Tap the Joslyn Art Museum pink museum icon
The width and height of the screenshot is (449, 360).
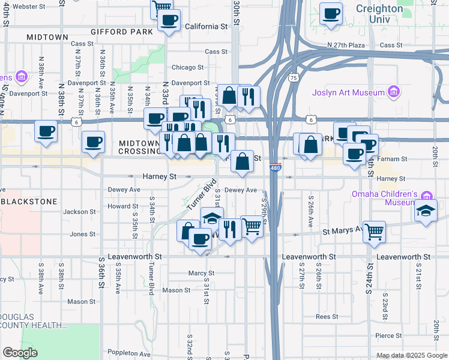point(394,92)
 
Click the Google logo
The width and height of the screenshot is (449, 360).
point(20,353)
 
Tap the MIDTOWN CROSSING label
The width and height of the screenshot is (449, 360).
point(139,148)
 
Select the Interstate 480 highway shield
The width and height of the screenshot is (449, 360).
point(274,167)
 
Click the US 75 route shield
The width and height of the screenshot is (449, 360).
point(293,77)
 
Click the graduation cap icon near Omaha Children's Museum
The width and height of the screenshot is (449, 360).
point(426,211)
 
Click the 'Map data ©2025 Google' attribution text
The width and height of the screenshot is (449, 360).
point(411,355)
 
